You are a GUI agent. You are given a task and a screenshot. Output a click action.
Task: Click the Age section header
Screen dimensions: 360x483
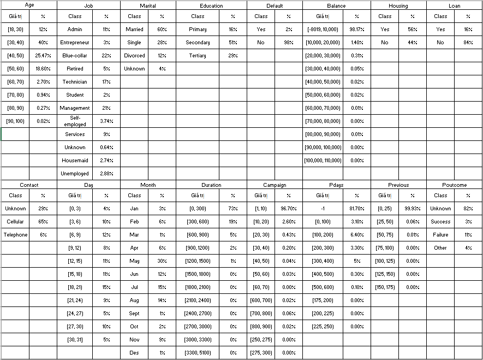point(29,5)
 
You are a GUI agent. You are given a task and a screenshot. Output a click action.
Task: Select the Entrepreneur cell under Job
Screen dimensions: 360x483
point(75,43)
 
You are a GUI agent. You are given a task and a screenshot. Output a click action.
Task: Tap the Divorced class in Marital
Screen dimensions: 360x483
point(134,56)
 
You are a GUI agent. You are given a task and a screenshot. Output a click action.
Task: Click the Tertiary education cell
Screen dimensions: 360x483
point(198,56)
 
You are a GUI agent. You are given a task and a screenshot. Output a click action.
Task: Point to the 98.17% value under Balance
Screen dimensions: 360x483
point(357,29)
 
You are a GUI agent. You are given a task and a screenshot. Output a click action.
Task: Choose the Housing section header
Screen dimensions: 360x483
point(398,5)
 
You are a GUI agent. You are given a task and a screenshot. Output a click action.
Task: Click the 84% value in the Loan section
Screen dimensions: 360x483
point(468,43)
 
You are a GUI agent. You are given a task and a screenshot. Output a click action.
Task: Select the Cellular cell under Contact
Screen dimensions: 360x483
point(15,222)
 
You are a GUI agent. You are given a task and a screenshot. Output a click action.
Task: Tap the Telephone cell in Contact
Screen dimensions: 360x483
point(15,235)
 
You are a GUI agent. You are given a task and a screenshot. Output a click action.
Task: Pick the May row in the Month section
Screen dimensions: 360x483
point(134,261)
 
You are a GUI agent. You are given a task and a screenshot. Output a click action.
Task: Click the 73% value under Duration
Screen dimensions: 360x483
point(234,209)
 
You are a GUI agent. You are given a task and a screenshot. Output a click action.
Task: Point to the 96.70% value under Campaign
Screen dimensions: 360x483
point(289,209)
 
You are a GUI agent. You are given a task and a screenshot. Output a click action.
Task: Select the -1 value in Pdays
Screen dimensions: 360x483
point(323,209)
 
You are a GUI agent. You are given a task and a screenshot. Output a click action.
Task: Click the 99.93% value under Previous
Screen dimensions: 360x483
point(413,209)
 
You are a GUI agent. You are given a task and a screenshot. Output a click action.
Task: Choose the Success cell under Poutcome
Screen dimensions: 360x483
point(440,222)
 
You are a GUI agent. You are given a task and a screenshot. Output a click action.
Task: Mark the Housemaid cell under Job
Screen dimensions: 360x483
point(75,161)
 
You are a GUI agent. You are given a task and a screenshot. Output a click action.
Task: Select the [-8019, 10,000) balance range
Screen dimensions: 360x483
point(323,29)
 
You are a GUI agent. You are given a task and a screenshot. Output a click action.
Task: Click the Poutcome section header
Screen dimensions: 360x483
point(454,185)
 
